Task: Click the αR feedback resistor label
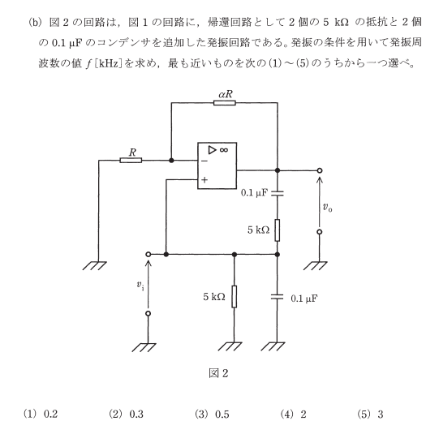click(x=226, y=94)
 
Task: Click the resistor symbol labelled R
click(x=131, y=161)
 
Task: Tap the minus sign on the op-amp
click(x=204, y=161)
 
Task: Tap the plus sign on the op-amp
click(x=204, y=179)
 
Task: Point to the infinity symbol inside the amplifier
click(x=224, y=150)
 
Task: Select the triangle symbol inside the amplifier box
click(x=213, y=150)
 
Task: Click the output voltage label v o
click(x=327, y=208)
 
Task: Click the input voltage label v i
click(x=140, y=285)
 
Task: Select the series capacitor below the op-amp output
click(x=278, y=193)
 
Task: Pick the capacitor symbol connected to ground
click(x=278, y=297)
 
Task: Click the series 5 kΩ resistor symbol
click(x=278, y=230)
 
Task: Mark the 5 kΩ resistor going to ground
click(x=235, y=297)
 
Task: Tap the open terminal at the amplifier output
click(x=320, y=170)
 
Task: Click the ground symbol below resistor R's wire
click(x=95, y=266)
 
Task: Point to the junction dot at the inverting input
click(x=171, y=161)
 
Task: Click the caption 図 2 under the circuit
click(x=218, y=373)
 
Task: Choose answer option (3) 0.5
click(x=212, y=414)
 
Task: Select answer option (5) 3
click(x=370, y=414)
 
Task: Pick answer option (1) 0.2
click(x=41, y=414)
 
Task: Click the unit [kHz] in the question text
click(x=109, y=64)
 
